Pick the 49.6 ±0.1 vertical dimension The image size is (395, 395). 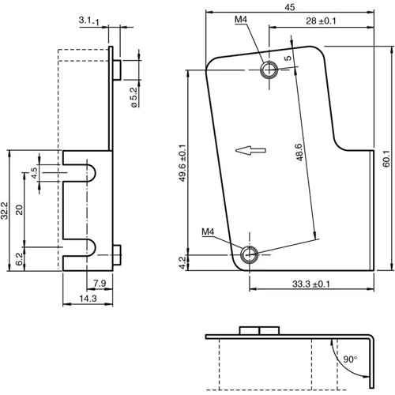182,162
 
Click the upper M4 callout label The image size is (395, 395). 242,20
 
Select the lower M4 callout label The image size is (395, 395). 209,231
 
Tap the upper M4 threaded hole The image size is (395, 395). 270,70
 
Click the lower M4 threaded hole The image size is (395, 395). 250,254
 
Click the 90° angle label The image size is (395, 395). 350,359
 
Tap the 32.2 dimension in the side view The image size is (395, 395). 6,209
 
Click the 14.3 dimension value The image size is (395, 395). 88,299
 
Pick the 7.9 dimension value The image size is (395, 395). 100,283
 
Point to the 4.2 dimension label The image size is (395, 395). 182,262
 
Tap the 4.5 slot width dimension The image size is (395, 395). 34,171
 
